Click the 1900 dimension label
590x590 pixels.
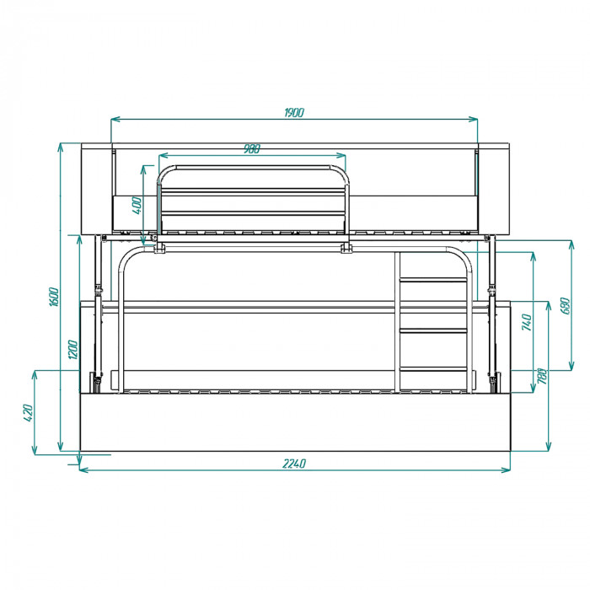click(x=294, y=112)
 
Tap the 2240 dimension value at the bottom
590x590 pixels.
click(x=294, y=464)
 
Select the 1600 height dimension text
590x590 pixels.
click(x=54, y=297)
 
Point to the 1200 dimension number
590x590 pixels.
click(x=73, y=350)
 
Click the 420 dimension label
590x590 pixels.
click(x=29, y=413)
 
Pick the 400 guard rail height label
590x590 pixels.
click(x=137, y=206)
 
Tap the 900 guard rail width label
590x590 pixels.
click(x=252, y=149)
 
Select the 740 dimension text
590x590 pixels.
click(x=527, y=322)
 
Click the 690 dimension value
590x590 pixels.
click(x=565, y=306)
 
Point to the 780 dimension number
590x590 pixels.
click(x=542, y=376)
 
